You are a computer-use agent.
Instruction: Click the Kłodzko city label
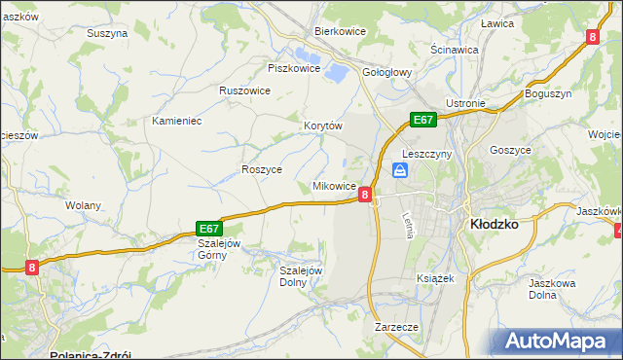click(493, 223)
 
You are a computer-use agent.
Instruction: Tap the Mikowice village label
click(334, 185)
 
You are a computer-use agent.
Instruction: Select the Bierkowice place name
click(339, 31)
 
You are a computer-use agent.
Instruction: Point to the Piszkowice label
click(293, 68)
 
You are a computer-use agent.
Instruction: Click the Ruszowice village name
click(244, 90)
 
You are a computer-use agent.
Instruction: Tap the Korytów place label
click(323, 126)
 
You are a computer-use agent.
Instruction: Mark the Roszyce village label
click(261, 168)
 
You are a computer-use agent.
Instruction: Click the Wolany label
click(84, 205)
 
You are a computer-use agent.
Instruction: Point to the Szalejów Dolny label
click(301, 276)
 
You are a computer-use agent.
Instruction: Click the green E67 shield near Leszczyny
click(421, 120)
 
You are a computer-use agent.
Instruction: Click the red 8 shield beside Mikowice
click(364, 195)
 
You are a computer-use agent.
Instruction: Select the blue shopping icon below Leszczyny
click(400, 171)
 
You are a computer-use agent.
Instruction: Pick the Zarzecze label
click(396, 328)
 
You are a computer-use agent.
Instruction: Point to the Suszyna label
click(107, 33)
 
